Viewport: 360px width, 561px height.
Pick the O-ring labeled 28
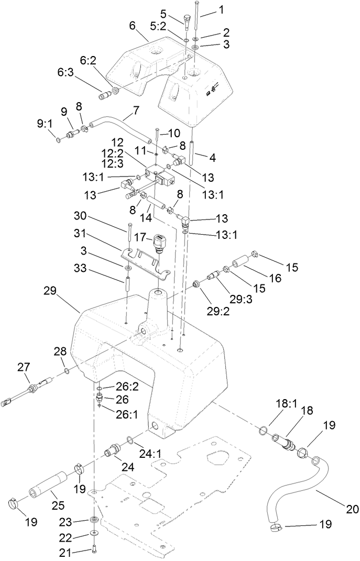(66, 372)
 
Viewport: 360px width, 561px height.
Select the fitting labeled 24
(113, 450)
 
